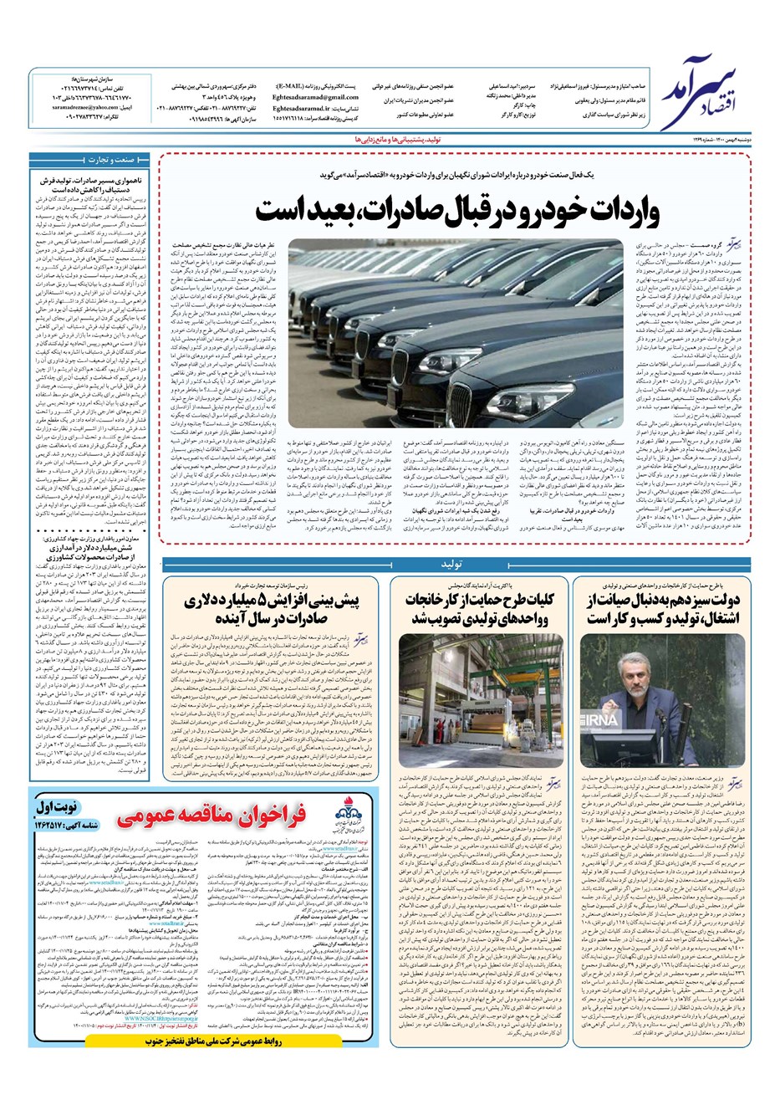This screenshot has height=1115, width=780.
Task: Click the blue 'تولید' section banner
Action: (x=451, y=564)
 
